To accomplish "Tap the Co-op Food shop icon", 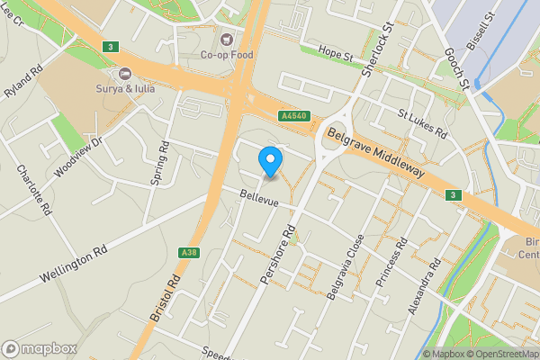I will point(227,40).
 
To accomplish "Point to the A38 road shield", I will point(188,252).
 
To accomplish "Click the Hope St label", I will point(336,56).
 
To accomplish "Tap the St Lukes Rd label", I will point(423,124).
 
